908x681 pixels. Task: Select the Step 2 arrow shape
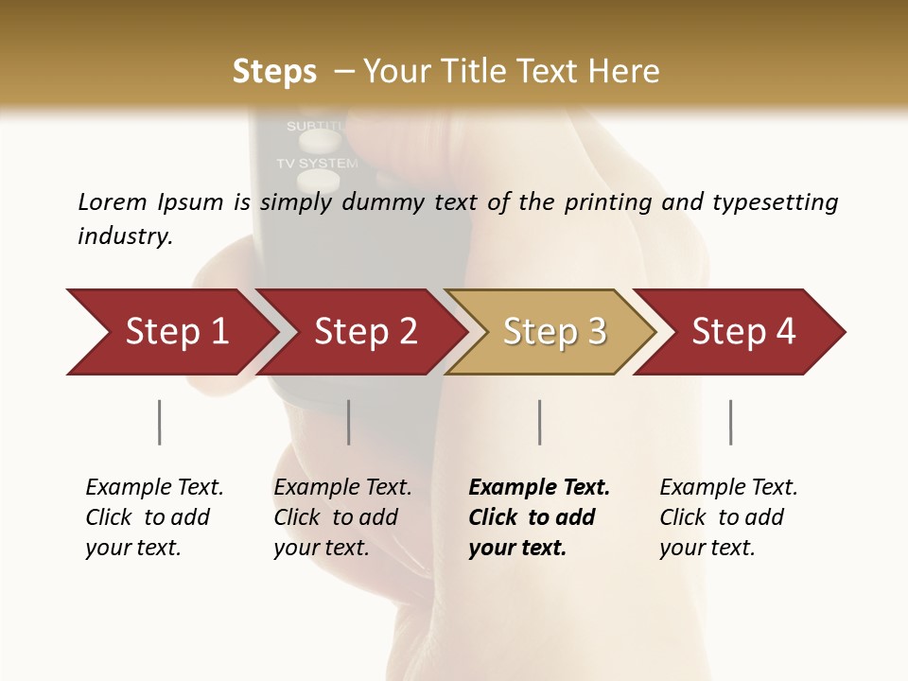tap(365, 332)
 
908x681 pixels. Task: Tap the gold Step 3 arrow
tap(554, 332)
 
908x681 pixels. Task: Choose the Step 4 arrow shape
tap(743, 332)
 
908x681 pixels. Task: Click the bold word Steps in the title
tap(274, 72)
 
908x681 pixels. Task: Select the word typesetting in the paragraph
tap(775, 202)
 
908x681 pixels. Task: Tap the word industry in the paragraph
tap(124, 236)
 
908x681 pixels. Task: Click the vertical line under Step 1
tap(159, 422)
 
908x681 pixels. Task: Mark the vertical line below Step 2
tap(348, 422)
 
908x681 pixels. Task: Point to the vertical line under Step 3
tap(539, 422)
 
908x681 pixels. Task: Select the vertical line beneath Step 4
tap(730, 422)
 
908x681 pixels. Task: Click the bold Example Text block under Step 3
tap(539, 517)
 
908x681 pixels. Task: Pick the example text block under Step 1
tap(154, 517)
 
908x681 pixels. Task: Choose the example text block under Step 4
tap(728, 517)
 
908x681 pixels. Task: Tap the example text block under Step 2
tap(342, 517)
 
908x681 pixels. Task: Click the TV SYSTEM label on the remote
tap(317, 164)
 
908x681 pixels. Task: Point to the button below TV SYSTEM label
tap(317, 181)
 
